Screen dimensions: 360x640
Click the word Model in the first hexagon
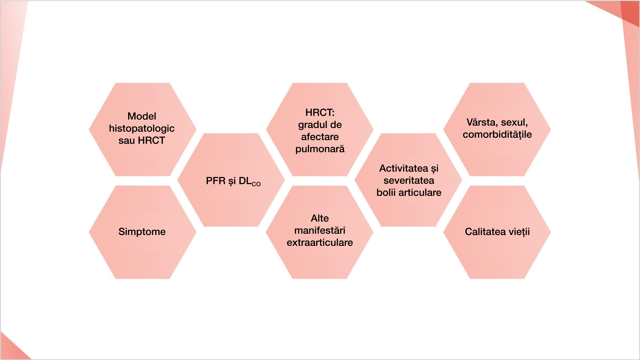142,116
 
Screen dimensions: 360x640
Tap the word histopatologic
142,128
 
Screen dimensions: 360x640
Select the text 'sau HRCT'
142,140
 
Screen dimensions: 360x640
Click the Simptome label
142,232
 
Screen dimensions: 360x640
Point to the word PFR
216,181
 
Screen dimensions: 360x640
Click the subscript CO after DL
256,184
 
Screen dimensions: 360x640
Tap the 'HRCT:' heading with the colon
320,113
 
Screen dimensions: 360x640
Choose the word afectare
320,137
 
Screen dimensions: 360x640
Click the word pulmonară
320,149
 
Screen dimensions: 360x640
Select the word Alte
320,218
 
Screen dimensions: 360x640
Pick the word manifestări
320,230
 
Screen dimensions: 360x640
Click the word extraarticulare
320,242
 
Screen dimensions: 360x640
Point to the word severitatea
409,180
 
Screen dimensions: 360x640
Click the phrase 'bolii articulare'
409,192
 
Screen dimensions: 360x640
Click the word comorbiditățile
497,134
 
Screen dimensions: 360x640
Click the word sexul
514,122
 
